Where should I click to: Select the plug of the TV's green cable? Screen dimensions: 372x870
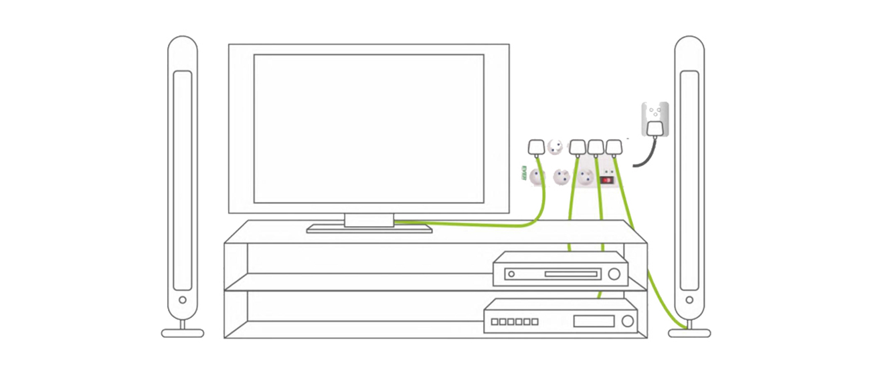click(x=537, y=147)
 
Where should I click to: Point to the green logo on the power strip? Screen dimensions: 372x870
click(x=524, y=176)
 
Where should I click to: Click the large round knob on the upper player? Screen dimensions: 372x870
click(x=614, y=274)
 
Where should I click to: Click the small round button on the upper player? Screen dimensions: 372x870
click(x=510, y=274)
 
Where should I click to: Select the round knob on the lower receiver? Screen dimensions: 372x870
click(x=626, y=321)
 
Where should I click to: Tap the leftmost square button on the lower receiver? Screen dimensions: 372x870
click(x=495, y=322)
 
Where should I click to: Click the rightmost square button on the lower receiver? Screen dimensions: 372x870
click(x=535, y=322)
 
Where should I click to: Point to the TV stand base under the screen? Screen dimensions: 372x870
click(x=369, y=229)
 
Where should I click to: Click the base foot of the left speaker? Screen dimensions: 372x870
click(x=182, y=333)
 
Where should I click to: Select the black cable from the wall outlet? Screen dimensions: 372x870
click(x=642, y=157)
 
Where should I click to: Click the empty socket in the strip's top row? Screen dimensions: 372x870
click(x=555, y=146)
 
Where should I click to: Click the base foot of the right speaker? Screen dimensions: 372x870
click(x=690, y=333)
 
